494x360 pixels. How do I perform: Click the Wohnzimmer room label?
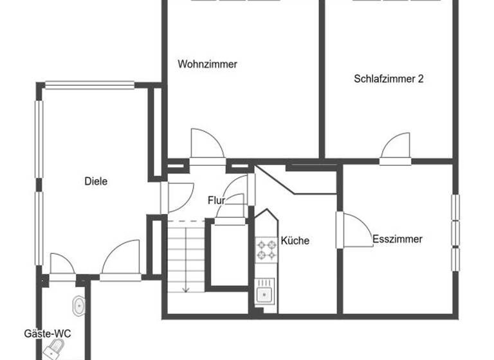208,64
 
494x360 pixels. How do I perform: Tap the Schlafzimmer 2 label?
388,79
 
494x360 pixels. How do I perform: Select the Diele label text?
96,181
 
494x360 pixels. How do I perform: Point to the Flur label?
216,201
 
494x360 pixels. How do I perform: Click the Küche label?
295,241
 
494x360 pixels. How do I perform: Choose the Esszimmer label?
398,239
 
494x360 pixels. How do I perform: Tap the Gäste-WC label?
47,334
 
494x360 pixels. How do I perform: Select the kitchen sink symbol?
263,294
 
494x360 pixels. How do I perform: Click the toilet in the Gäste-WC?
54,350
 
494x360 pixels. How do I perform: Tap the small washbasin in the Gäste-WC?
79,305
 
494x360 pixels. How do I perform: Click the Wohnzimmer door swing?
206,145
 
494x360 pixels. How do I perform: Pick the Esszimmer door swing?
354,230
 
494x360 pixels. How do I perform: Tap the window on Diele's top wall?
89,84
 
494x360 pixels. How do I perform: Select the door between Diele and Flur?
178,197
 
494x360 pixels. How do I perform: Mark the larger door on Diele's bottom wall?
120,260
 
